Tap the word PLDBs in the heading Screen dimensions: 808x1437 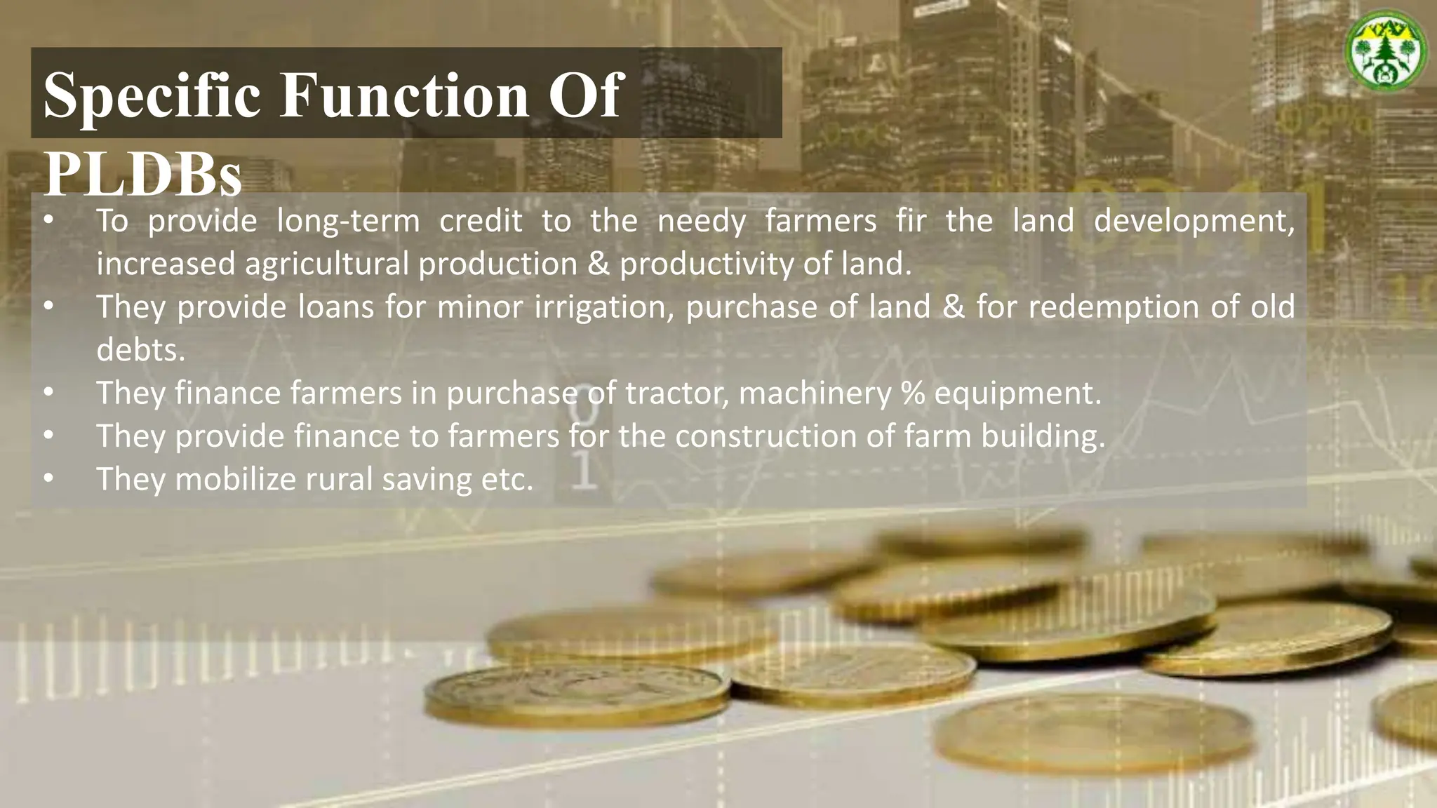[x=142, y=174]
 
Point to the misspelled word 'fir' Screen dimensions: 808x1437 [x=911, y=221]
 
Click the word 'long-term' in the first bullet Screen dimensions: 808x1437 [x=348, y=221]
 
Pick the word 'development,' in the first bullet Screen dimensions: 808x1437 [x=1194, y=221]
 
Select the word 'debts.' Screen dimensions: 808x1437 [x=140, y=350]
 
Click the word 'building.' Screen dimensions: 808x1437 [x=1043, y=436]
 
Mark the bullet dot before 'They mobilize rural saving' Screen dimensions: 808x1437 [x=48, y=479]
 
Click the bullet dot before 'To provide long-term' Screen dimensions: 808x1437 [x=48, y=220]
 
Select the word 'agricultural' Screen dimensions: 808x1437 [x=326, y=264]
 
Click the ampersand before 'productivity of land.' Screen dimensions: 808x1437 [x=599, y=264]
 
